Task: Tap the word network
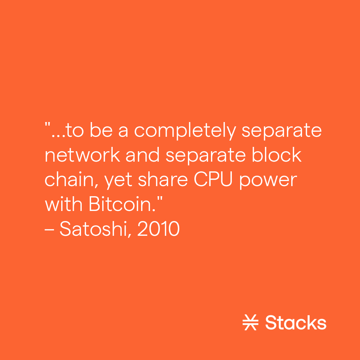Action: tap(82, 155)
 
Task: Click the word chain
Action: tap(71, 180)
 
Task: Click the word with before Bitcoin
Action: tap(64, 204)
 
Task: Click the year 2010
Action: tap(158, 229)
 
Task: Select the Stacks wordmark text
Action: tap(296, 323)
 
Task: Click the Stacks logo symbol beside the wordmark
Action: tap(250, 323)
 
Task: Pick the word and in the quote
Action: tap(143, 155)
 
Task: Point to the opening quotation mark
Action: tap(47, 125)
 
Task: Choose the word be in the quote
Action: tap(102, 131)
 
